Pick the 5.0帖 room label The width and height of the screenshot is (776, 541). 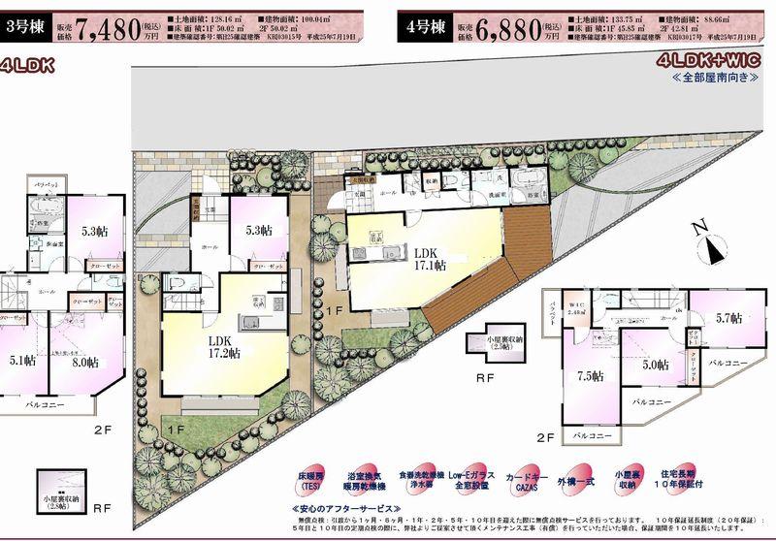click(x=656, y=365)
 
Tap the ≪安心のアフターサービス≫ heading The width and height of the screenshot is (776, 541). click(x=344, y=508)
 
